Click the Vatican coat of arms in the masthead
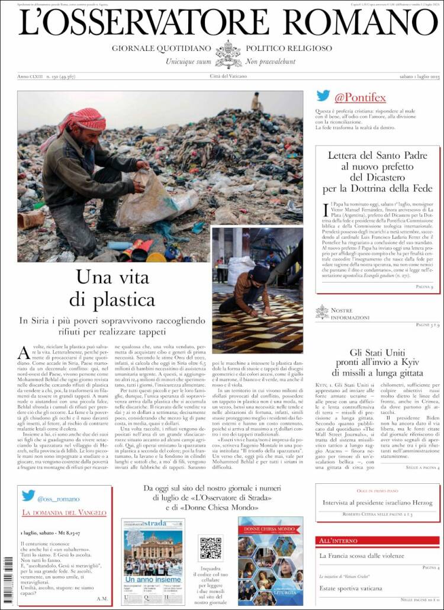[228, 54]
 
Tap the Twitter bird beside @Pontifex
[323, 97]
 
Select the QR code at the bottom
[211, 548]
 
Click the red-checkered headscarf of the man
[83, 119]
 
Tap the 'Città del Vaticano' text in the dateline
[229, 76]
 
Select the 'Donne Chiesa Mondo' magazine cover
[271, 560]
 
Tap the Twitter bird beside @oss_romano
[28, 496]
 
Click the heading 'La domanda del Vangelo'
[59, 512]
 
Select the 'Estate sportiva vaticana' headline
[351, 588]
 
